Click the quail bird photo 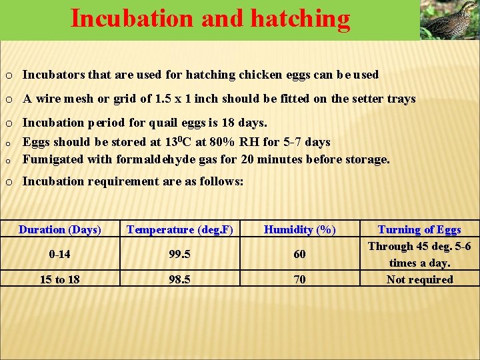click(449, 20)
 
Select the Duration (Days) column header click(60, 230)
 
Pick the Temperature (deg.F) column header click(180, 230)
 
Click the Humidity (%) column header click(300, 230)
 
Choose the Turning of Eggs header click(419, 230)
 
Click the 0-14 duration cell click(60, 254)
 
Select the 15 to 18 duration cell click(60, 279)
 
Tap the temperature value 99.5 click(180, 254)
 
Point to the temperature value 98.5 click(180, 279)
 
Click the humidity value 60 click(300, 254)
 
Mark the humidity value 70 click(300, 279)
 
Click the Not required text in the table click(419, 279)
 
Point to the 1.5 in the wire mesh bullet click(163, 99)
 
